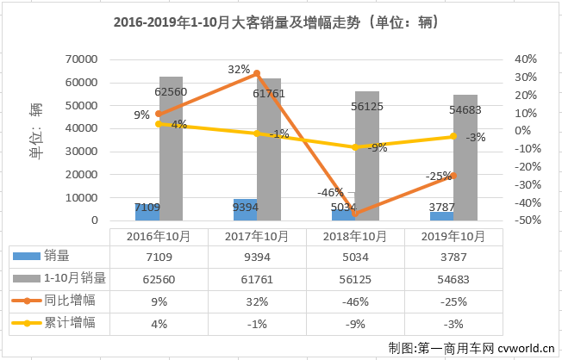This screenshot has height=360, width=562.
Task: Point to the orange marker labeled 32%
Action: click(x=257, y=73)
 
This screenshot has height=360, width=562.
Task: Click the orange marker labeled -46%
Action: click(x=355, y=214)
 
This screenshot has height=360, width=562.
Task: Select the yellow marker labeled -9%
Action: click(x=355, y=147)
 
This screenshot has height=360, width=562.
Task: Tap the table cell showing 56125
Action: click(x=356, y=278)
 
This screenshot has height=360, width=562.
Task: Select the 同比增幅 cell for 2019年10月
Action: click(x=453, y=301)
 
